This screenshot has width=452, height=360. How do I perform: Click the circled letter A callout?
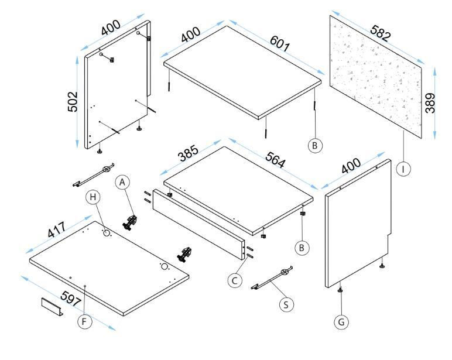pos(122,182)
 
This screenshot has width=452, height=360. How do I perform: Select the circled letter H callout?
pos(93,197)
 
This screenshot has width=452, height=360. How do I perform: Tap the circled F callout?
pos(85,321)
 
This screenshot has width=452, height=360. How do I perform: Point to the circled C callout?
pos(235,280)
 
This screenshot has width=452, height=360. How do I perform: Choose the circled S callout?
pos(286,304)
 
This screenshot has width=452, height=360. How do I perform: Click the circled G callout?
pos(341,322)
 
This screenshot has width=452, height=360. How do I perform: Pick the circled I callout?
pos(403,169)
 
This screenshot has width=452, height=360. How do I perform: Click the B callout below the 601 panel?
pos(315,146)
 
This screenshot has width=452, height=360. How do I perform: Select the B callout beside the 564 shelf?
pos(302,248)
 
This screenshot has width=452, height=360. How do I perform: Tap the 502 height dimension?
pos(73,102)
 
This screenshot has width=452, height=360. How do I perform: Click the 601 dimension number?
pos(279,44)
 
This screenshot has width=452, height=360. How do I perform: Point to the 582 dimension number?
pos(381,33)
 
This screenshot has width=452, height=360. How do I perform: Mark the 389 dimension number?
pos(430,103)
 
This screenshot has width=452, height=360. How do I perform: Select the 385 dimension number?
pos(189,153)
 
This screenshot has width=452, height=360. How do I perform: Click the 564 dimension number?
pos(275,160)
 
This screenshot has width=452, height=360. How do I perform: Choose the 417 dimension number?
pos(56,229)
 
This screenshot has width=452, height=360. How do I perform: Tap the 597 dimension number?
pos(71,299)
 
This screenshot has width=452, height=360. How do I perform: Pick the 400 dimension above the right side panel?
pos(351,166)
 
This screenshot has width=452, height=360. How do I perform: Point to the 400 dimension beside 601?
pos(190,35)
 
